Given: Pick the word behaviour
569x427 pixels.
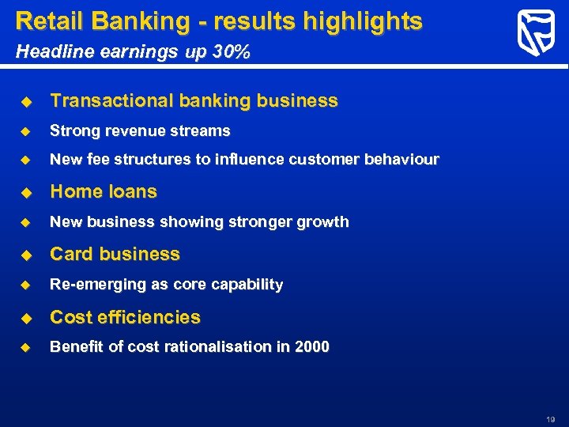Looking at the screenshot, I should [401, 160].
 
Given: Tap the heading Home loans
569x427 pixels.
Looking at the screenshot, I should [104, 191].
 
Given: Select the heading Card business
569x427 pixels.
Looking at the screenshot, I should [115, 254].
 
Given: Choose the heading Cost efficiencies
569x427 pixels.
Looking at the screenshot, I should [125, 317].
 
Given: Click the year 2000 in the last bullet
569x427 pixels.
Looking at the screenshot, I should [313, 347].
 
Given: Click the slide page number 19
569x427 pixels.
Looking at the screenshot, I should [551, 419].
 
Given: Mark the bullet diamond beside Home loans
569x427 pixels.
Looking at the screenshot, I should [25, 192].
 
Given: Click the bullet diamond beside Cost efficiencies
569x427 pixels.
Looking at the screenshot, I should [25, 318].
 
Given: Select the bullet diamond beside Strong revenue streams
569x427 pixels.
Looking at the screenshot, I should [25, 131].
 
